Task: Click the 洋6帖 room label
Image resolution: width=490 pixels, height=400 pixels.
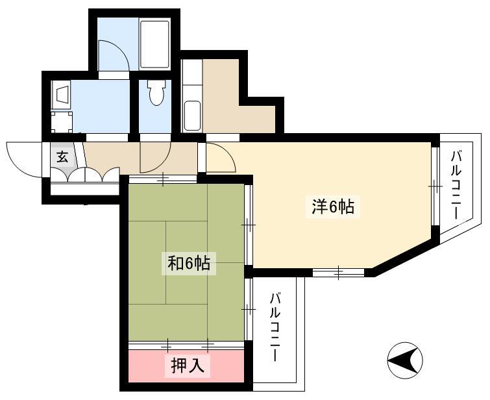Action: [x=333, y=207]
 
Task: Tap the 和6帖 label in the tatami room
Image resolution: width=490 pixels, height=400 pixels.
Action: [x=189, y=263]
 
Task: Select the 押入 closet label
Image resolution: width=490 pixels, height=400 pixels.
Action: [x=188, y=366]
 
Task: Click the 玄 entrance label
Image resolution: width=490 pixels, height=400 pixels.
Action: [x=62, y=156]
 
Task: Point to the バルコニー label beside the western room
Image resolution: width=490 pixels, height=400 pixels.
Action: [x=456, y=185]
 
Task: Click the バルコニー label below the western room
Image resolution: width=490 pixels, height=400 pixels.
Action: [x=275, y=327]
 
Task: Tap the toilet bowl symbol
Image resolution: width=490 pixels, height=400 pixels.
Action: [x=156, y=92]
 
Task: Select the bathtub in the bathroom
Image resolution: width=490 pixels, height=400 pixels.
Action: [x=155, y=44]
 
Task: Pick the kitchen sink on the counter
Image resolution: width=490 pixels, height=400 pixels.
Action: [x=192, y=116]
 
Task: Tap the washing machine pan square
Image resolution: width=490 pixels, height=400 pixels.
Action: [x=62, y=122]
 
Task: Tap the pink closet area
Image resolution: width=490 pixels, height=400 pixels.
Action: [x=186, y=366]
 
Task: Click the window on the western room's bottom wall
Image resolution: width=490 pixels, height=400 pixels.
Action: [x=338, y=272]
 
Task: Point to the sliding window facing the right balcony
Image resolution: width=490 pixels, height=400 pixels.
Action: [x=435, y=186]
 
